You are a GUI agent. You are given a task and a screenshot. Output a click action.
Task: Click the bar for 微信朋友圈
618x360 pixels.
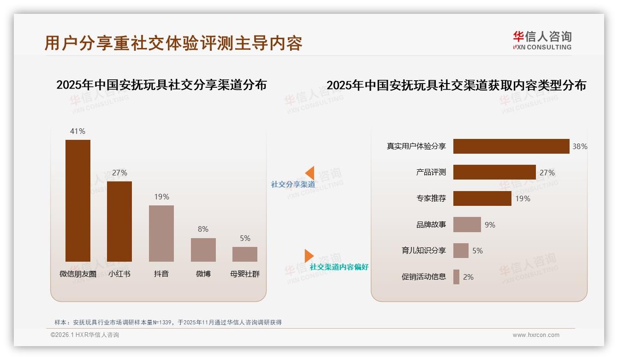[78, 200]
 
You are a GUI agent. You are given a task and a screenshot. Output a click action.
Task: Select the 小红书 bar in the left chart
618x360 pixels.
[119, 221]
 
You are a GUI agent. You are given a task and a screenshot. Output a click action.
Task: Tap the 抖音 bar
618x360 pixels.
[161, 233]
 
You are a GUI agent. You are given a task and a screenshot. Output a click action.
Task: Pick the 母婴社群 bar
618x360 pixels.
[245, 254]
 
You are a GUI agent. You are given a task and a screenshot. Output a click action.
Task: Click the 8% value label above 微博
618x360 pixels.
[203, 229]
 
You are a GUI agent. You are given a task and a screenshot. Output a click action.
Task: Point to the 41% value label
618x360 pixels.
[77, 131]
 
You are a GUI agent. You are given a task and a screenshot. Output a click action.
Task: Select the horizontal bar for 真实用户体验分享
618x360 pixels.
[511, 146]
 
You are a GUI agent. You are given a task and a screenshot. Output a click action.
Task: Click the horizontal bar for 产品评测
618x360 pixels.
[494, 172]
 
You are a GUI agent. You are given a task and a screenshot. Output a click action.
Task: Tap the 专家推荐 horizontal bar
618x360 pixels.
[482, 198]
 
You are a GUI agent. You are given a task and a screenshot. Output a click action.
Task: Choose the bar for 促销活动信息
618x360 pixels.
[456, 277]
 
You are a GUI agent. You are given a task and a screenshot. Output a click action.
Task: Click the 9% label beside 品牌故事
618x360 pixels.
[490, 225]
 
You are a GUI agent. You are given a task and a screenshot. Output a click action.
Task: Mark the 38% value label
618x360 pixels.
[580, 146]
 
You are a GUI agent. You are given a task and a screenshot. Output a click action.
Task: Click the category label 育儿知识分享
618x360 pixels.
[423, 251]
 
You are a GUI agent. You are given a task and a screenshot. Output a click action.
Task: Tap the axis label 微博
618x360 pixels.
[203, 274]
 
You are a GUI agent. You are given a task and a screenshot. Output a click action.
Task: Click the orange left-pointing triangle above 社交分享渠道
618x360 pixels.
[310, 173]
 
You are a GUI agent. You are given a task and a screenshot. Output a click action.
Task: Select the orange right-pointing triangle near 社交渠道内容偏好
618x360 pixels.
[309, 256]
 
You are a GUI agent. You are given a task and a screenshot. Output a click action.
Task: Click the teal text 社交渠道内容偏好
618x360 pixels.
[339, 267]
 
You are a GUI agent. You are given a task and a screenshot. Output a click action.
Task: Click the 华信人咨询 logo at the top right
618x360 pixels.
[542, 40]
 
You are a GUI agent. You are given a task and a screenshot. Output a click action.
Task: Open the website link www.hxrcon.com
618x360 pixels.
[536, 335]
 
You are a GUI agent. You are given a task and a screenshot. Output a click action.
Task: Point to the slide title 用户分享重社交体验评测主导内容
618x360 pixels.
[173, 43]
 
